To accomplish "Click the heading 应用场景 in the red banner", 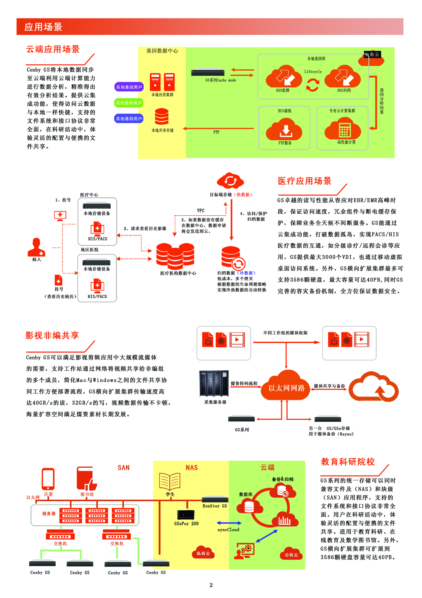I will [x=43, y=27].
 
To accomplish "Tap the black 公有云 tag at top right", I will [x=372, y=54].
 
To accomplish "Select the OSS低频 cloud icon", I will [x=284, y=77].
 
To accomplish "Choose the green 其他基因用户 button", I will [x=129, y=103].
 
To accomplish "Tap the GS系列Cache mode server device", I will [x=208, y=72].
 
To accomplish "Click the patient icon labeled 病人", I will [x=36, y=247].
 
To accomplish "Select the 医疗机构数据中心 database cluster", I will [x=175, y=256].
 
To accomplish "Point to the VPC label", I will [x=201, y=211].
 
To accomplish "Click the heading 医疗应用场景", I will [x=304, y=181].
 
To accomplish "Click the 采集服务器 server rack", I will [x=214, y=383].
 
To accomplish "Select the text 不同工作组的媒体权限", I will [x=285, y=333].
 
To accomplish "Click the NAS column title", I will [x=192, y=468].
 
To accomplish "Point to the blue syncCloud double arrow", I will [x=229, y=523].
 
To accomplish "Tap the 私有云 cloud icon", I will [x=203, y=552].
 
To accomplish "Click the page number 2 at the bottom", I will [x=211, y=585].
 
